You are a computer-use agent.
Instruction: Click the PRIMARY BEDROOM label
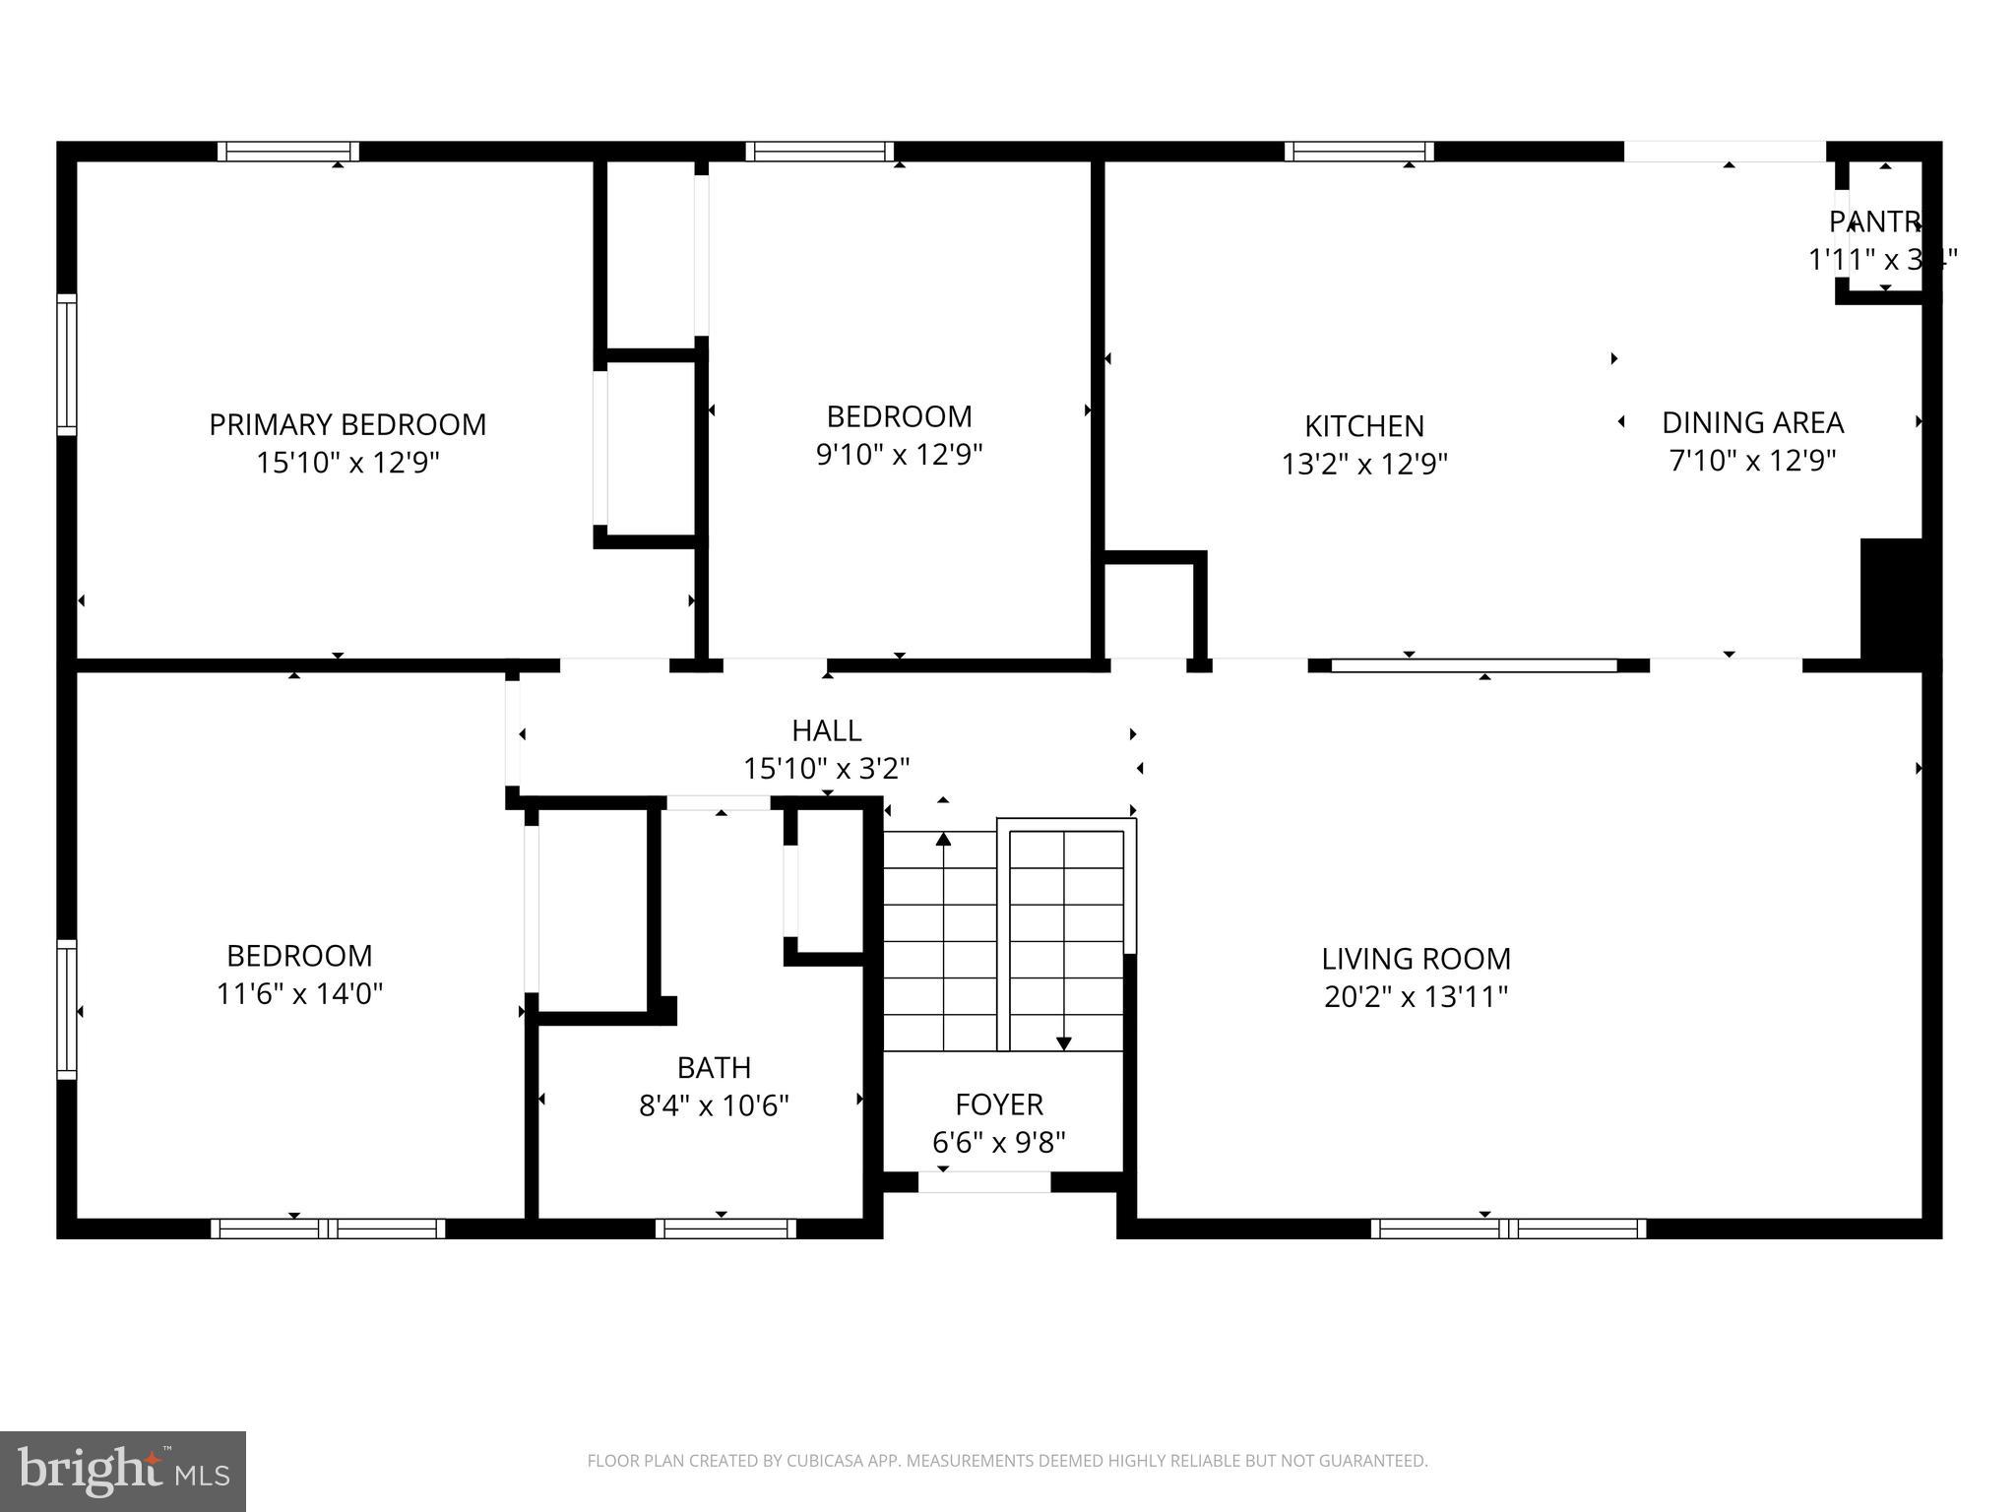click(347, 424)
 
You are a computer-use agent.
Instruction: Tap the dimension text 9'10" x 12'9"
click(899, 455)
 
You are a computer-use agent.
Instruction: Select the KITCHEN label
click(1364, 426)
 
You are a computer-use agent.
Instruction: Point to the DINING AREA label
click(1752, 422)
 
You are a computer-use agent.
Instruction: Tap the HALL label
click(826, 730)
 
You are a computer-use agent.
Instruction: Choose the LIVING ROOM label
click(1416, 959)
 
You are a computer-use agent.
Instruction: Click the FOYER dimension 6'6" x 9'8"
click(998, 1143)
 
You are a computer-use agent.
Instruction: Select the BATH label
click(714, 1068)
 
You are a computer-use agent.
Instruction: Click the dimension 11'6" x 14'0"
click(299, 994)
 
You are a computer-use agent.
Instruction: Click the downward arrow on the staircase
click(1063, 1041)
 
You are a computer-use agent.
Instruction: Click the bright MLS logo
click(123, 1471)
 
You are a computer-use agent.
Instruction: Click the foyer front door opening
click(984, 1182)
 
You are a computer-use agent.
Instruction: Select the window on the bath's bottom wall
click(725, 1228)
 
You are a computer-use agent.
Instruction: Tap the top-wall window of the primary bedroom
click(287, 152)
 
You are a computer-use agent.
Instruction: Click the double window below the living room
click(1507, 1228)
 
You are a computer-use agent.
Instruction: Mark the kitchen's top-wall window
click(1358, 152)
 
